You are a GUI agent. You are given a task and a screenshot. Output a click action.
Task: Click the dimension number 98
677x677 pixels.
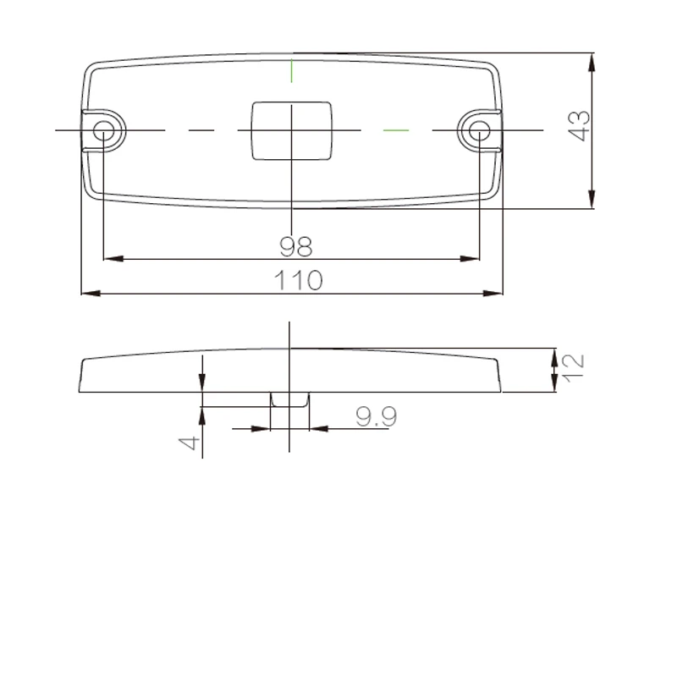click(295, 246)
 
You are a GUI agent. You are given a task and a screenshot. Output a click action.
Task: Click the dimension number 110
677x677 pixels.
click(299, 280)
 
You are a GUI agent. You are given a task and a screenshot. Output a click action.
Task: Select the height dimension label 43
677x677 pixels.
click(579, 125)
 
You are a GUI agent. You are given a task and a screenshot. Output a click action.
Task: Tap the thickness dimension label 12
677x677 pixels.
click(574, 368)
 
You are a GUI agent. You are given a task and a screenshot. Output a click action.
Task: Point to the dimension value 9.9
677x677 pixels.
click(376, 416)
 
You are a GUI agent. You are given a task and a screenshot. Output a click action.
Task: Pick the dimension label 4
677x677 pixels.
click(189, 443)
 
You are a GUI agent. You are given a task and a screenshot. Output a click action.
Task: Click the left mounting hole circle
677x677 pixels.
click(103, 130)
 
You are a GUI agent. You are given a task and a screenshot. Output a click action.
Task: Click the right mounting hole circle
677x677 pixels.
click(479, 130)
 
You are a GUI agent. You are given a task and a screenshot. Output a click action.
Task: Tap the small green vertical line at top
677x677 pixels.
click(292, 70)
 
